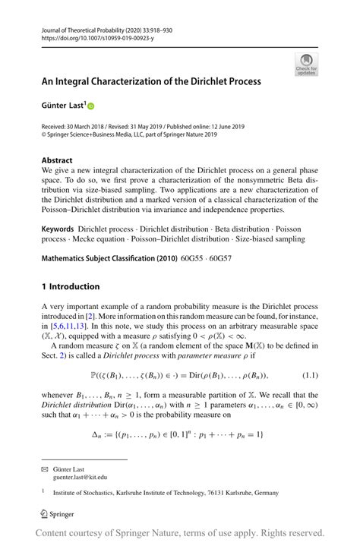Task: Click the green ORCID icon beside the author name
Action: tap(92, 106)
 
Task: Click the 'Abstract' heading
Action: tap(58, 161)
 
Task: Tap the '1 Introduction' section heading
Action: tap(71, 286)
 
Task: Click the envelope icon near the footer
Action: tap(44, 470)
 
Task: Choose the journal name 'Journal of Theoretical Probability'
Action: tap(88, 27)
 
